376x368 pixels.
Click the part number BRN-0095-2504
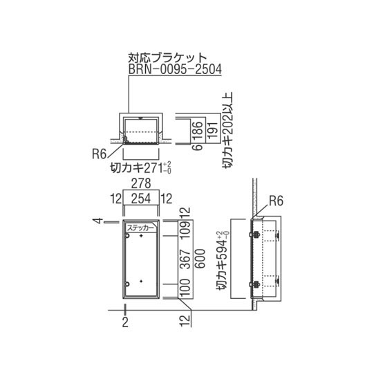click(175, 70)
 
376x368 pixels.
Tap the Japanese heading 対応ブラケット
click(167, 58)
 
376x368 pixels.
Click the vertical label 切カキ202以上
click(227, 130)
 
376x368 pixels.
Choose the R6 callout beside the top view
click(99, 154)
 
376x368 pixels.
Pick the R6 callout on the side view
click(276, 201)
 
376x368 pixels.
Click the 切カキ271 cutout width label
click(140, 167)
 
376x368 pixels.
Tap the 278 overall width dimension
click(141, 183)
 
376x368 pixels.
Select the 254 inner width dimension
click(141, 199)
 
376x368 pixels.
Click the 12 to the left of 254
click(116, 199)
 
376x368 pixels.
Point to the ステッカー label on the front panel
click(140, 228)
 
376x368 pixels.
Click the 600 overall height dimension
click(200, 259)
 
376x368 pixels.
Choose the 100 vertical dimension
click(185, 287)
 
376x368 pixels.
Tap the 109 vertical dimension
click(185, 229)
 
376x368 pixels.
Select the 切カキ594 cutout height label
click(223, 261)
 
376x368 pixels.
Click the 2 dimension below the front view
click(125, 322)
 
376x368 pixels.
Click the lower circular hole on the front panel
click(127, 284)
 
